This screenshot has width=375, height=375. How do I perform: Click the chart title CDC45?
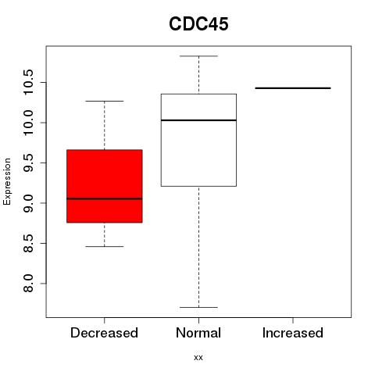pyautogui.click(x=198, y=24)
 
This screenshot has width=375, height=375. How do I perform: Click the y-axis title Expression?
pyautogui.click(x=7, y=181)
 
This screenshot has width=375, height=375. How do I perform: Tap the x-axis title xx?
pyautogui.click(x=198, y=358)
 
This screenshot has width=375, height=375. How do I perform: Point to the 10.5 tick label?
pyautogui.click(x=28, y=83)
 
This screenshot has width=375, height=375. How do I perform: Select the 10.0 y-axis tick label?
pyautogui.click(x=28, y=123)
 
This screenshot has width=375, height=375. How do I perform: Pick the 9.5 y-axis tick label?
pyautogui.click(x=28, y=162)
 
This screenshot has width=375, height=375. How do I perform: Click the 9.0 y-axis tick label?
pyautogui.click(x=28, y=203)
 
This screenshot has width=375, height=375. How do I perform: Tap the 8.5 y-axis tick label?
pyautogui.click(x=28, y=243)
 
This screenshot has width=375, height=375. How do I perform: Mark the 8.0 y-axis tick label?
pyautogui.click(x=28, y=284)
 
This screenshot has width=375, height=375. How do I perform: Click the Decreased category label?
pyautogui.click(x=104, y=333)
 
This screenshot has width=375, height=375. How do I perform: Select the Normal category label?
pyautogui.click(x=198, y=333)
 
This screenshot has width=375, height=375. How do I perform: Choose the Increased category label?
pyautogui.click(x=293, y=333)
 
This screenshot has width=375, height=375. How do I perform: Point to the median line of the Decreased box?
pyautogui.click(x=105, y=198)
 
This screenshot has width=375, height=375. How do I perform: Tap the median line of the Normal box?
pyautogui.click(x=198, y=120)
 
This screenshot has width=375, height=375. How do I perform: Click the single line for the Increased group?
pyautogui.click(x=293, y=88)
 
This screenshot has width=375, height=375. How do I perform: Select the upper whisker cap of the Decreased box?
pyautogui.click(x=105, y=101)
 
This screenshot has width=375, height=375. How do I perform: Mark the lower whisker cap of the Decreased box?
pyautogui.click(x=105, y=246)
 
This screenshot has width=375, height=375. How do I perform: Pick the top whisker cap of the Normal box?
pyautogui.click(x=198, y=56)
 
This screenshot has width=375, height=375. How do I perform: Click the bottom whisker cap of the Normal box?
pyautogui.click(x=198, y=307)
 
